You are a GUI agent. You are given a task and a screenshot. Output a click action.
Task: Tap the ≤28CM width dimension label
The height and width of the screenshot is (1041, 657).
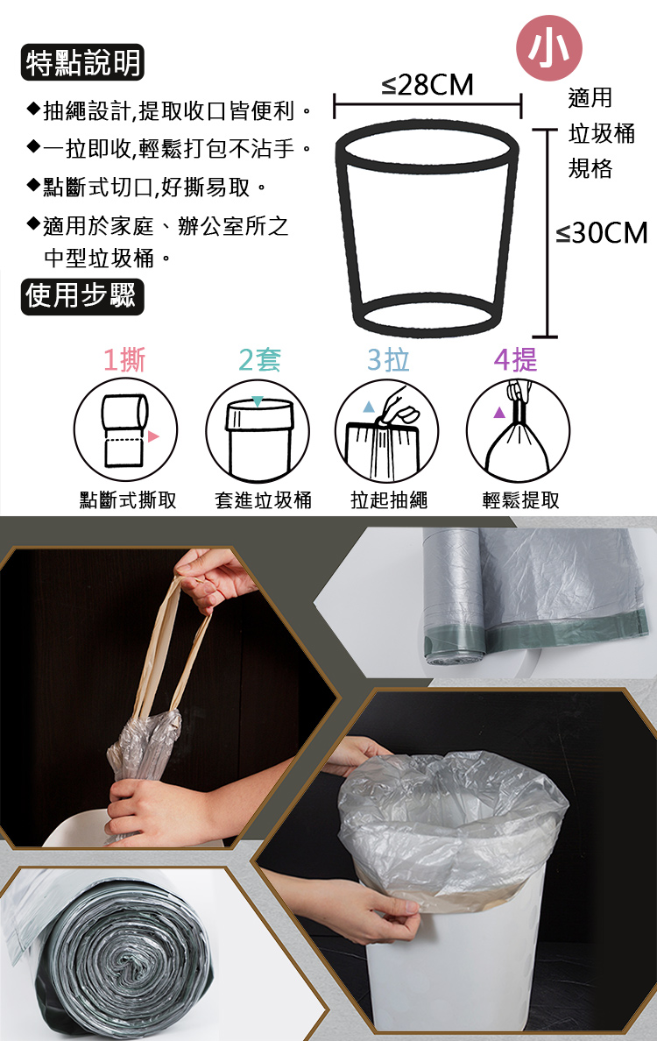pos(427,86)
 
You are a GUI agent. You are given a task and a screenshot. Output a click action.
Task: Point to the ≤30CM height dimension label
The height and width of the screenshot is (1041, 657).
pos(602,233)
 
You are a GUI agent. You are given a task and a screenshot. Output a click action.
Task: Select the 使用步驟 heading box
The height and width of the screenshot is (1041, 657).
pos(81,296)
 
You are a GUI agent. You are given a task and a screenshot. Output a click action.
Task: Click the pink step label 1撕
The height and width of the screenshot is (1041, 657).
pos(124,360)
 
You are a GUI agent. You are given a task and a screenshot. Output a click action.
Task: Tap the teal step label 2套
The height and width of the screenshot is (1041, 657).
pos(259,360)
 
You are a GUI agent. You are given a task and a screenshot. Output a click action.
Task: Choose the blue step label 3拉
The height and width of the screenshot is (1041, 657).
pos(388,360)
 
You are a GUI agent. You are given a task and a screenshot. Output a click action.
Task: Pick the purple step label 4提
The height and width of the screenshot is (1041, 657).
pos(516,360)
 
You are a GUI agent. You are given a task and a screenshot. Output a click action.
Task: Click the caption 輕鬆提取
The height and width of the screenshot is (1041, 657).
pos(521,500)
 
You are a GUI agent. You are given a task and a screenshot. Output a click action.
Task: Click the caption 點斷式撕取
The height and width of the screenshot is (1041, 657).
pos(128,500)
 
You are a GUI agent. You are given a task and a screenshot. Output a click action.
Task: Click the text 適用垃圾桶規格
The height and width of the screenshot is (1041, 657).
pos(601,133)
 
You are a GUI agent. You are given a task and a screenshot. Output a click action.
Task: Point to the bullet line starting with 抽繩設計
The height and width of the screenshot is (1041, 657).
pos(170,112)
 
